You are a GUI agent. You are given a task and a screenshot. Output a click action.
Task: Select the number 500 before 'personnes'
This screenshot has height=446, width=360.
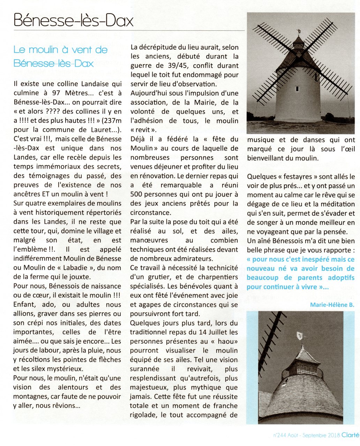click(x=136, y=194)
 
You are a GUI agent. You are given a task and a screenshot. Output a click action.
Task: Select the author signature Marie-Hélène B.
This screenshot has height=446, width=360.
click(x=332, y=305)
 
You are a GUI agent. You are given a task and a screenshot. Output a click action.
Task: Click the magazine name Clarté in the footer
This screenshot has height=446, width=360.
click(x=350, y=435)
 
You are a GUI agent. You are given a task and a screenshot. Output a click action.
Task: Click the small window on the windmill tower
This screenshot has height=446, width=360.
click(x=297, y=89)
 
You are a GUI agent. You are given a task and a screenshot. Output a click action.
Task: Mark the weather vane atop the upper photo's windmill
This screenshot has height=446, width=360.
click(x=299, y=31)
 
